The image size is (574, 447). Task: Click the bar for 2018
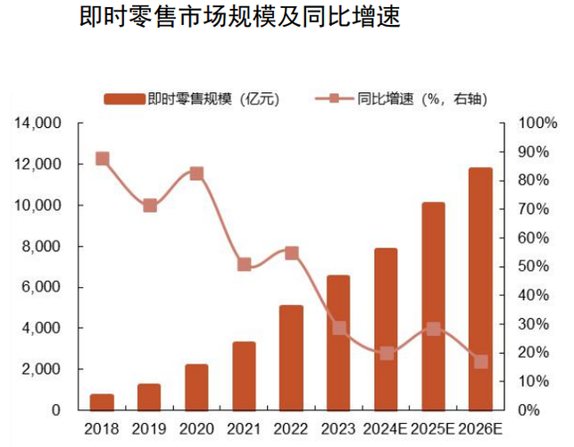pos(102,401)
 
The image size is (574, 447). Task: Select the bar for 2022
pos(291,358)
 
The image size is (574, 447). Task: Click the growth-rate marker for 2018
pos(102,159)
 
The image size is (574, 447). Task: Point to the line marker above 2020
pos(196,173)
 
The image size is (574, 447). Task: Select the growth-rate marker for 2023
pos(338,328)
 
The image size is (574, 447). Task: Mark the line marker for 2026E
pos(480,362)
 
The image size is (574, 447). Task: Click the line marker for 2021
pos(244,265)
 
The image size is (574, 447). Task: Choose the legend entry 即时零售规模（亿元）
pos(192,99)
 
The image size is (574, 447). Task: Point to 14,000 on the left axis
pos(37,123)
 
